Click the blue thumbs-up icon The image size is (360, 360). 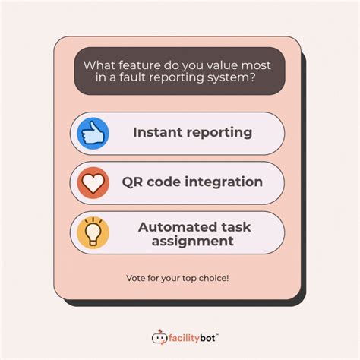click(93, 133)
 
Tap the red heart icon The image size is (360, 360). click(93, 182)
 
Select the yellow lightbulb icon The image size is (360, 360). click(93, 232)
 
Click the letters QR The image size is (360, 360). click(134, 182)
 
